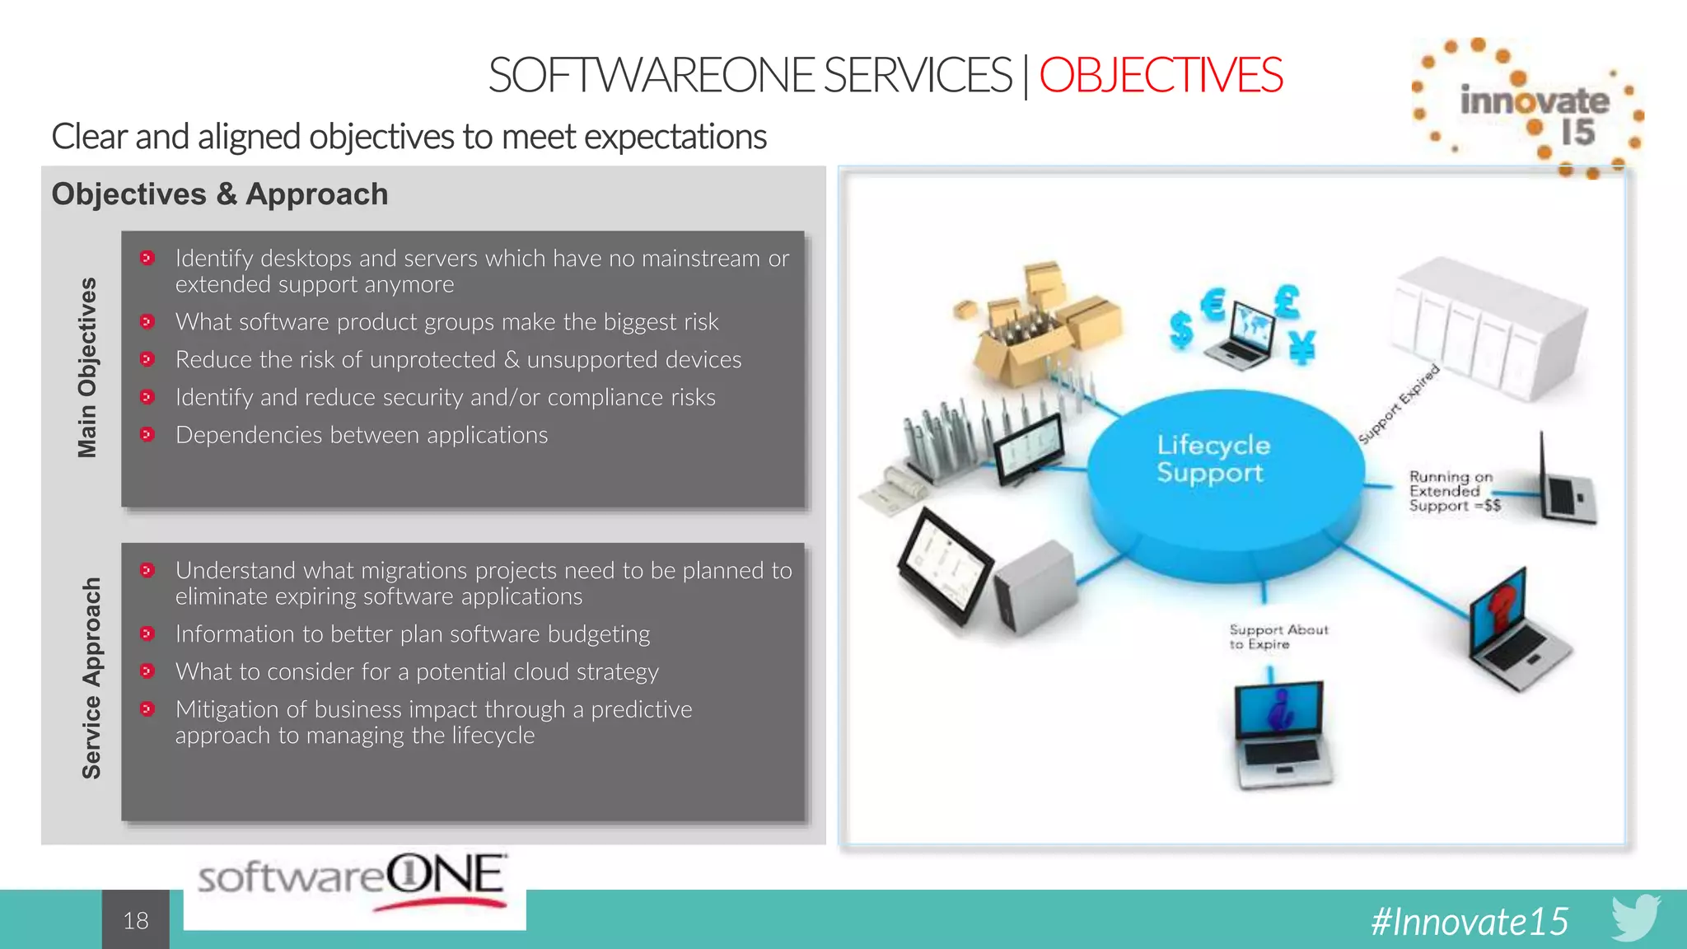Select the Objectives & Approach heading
220,194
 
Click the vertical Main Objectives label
87,367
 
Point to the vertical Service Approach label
91,678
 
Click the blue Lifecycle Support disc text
1213,459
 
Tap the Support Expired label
1398,404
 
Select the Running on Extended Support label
1453,491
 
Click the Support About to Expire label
1278,637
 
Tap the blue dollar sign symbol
1181,330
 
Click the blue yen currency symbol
1302,346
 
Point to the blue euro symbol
1213,305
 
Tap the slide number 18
136,920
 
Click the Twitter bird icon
1635,917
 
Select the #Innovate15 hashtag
1470,921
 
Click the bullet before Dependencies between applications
147,434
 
